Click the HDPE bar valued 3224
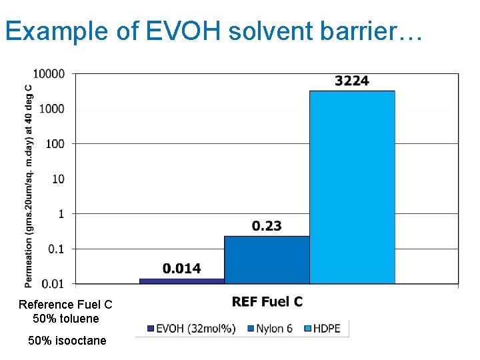[x=352, y=187]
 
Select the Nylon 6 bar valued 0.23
[x=267, y=259]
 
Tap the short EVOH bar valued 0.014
[x=181, y=281]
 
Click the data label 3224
[x=351, y=81]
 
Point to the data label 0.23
[x=267, y=226]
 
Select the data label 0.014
[x=181, y=269]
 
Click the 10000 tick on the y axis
[x=51, y=73]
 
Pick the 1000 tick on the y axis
[x=53, y=109]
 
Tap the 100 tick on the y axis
[x=56, y=143]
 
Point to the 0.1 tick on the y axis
[x=57, y=249]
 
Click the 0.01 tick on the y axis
[x=54, y=284]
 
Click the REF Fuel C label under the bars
[x=267, y=302]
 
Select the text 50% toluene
[x=65, y=319]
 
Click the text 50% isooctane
[x=67, y=341]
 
